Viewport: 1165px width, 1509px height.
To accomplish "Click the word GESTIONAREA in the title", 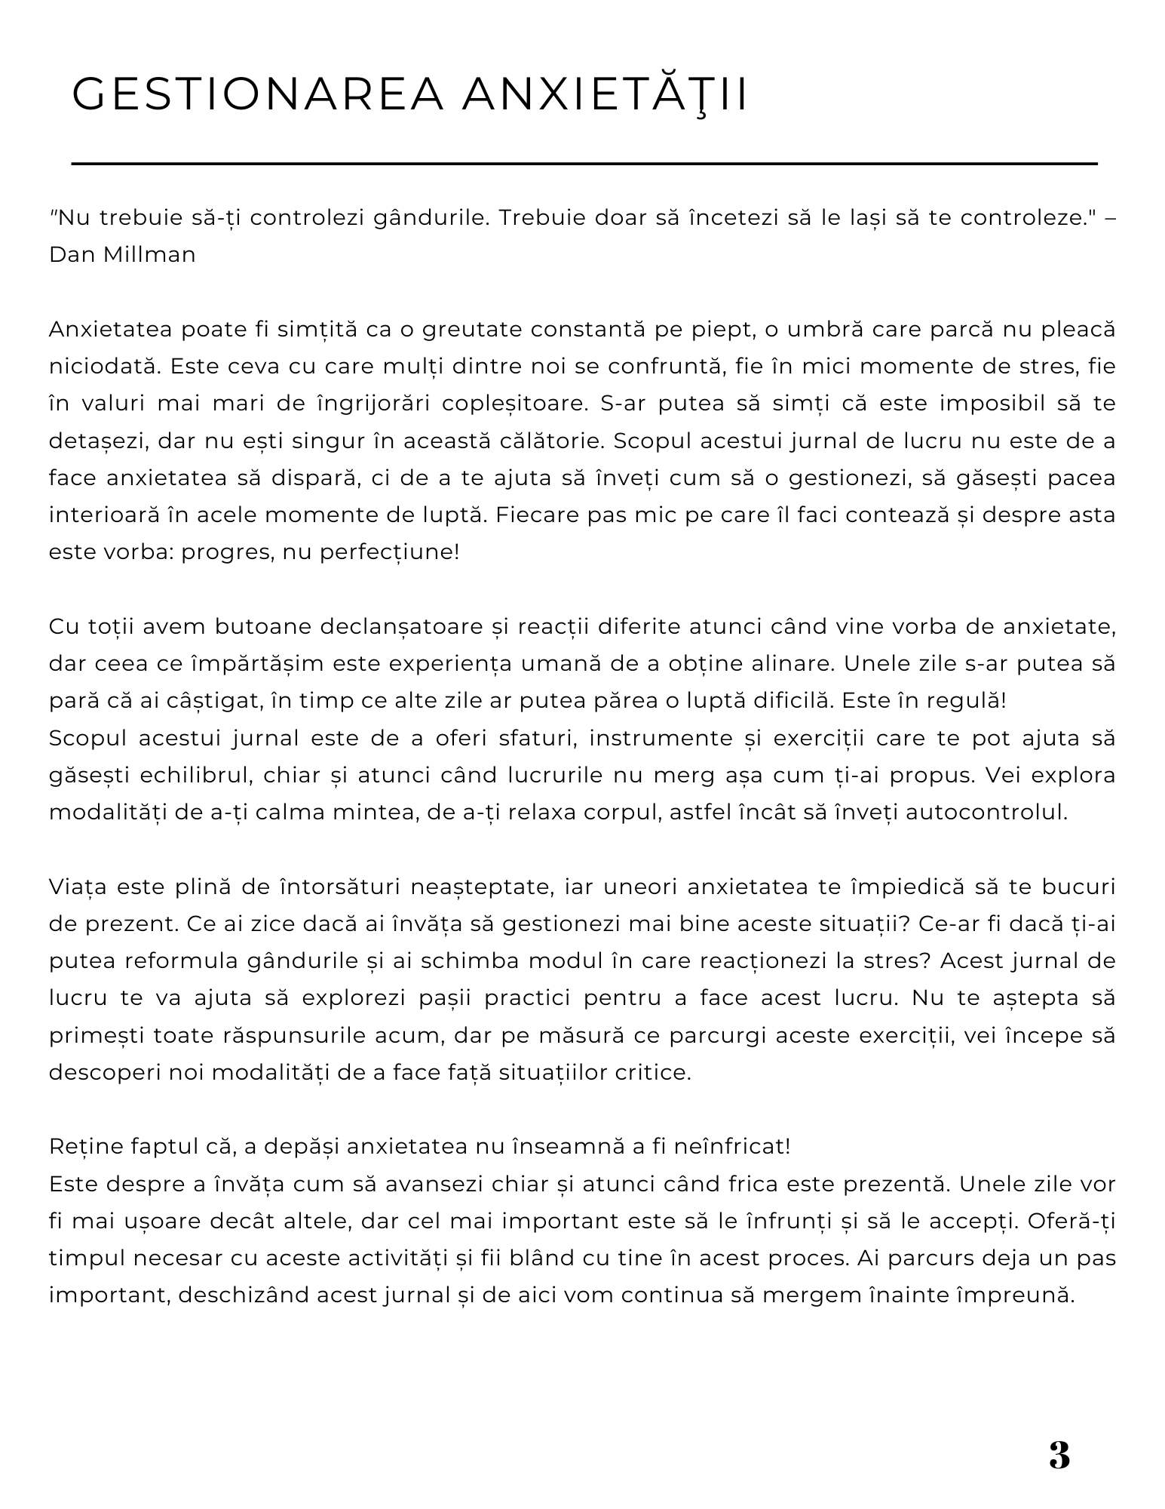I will coord(257,94).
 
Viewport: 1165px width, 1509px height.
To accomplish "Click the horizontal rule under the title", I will coord(584,163).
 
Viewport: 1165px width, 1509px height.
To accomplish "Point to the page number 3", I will coord(1059,1455).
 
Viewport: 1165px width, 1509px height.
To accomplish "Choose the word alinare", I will coord(793,664).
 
